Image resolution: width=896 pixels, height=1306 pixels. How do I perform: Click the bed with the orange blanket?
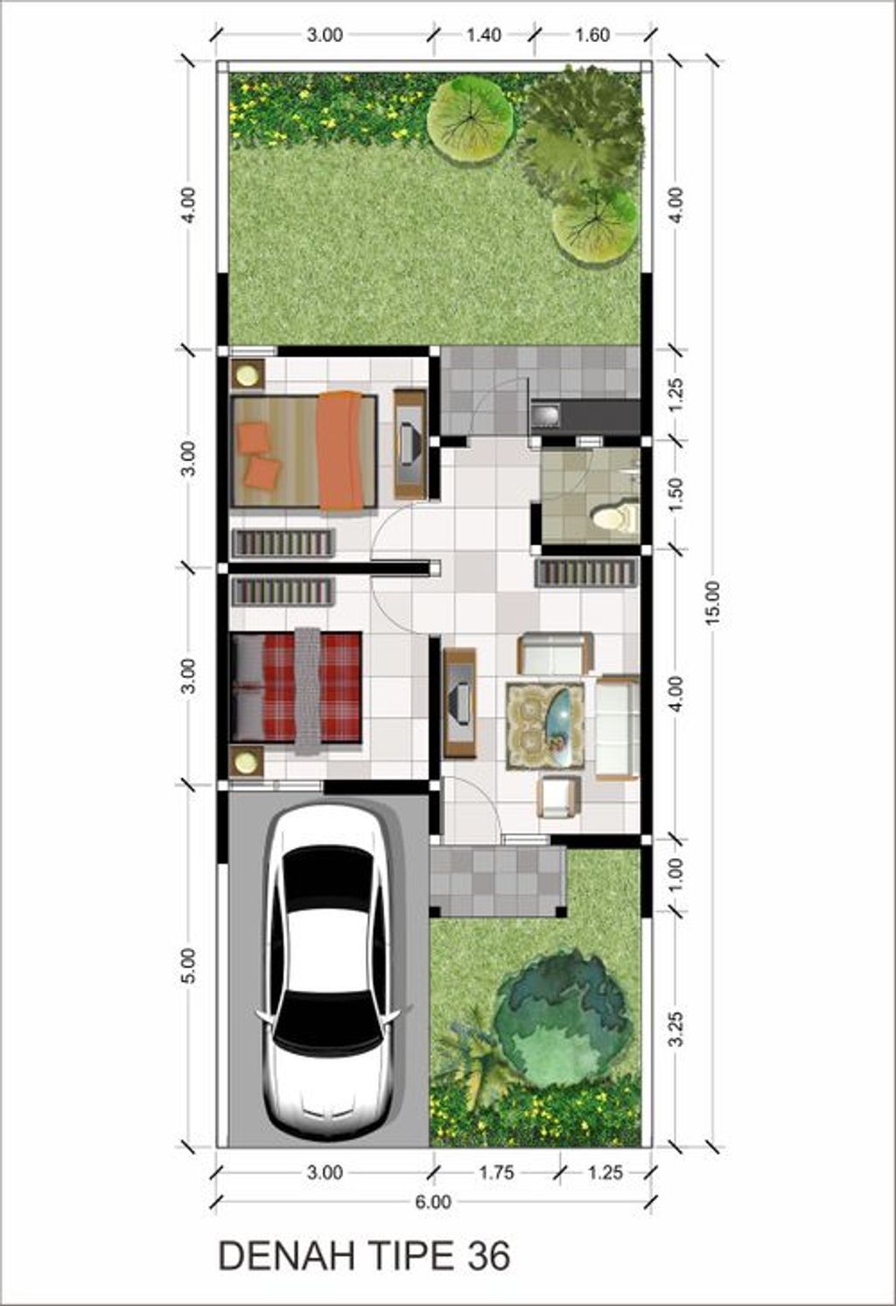[304, 450]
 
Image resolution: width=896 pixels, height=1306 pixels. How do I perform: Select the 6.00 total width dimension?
[432, 1202]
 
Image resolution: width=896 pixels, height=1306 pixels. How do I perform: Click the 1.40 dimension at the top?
[483, 35]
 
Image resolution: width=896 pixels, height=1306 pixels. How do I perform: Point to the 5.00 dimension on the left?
[189, 966]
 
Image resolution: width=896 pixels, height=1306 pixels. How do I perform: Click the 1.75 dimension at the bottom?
[496, 1172]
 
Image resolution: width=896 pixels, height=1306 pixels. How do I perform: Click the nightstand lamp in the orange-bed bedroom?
[248, 375]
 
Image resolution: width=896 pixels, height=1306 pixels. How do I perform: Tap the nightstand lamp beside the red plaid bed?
[247, 761]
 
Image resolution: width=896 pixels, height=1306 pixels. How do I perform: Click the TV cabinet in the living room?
[459, 702]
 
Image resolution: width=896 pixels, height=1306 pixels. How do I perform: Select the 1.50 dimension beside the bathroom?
[675, 494]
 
